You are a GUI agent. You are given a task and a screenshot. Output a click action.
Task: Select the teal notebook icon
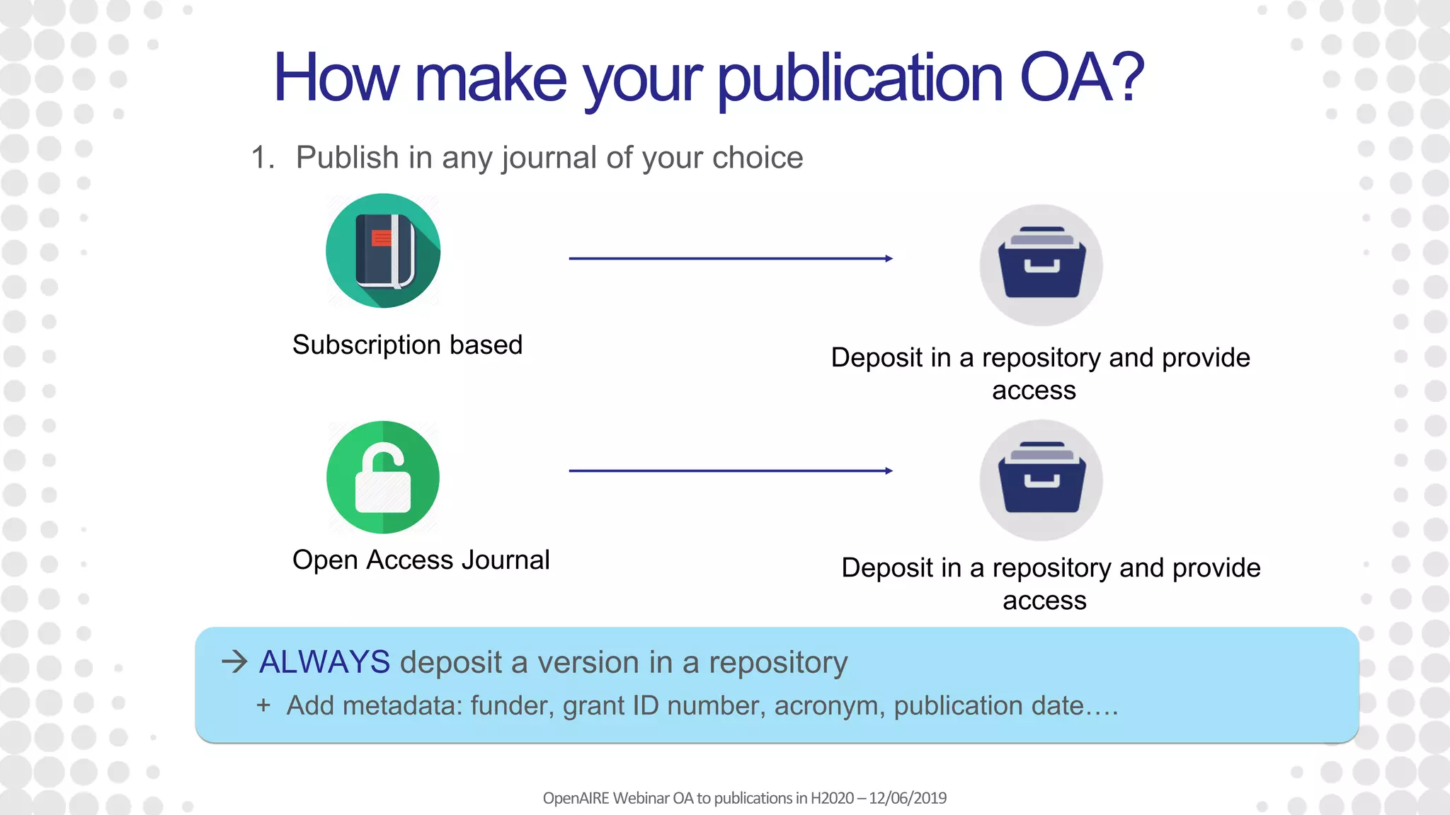[x=383, y=250]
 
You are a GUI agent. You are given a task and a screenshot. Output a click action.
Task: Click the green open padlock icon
[x=383, y=478]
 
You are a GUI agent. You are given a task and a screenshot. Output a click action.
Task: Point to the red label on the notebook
[x=382, y=238]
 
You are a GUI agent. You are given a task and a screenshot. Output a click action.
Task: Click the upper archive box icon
[x=1041, y=265]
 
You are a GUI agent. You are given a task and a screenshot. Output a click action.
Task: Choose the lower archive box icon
[x=1041, y=480]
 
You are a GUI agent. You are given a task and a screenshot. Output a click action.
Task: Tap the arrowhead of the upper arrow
[x=889, y=259]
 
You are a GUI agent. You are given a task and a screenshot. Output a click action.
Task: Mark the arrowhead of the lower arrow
[x=889, y=471]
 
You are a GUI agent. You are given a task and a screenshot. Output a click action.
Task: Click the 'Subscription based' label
[x=407, y=345]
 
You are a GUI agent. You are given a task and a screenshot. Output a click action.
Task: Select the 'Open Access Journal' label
[x=421, y=560]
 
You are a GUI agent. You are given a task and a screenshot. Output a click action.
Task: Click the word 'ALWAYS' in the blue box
[x=324, y=662]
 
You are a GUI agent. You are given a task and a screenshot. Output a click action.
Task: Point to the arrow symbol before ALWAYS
[x=234, y=662]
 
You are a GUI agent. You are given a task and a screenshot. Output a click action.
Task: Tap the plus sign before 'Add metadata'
[x=263, y=705]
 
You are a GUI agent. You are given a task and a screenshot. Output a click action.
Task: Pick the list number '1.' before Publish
[x=263, y=158]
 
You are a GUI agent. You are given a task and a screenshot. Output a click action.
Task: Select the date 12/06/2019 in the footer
[x=908, y=798]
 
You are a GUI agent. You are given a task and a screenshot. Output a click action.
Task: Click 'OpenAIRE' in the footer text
[x=576, y=798]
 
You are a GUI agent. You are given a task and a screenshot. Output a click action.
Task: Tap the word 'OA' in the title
[x=1056, y=78]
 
